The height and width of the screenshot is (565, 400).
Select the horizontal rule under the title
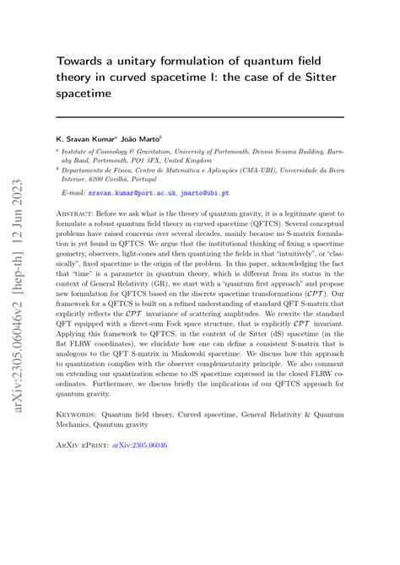pyautogui.click(x=200, y=116)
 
